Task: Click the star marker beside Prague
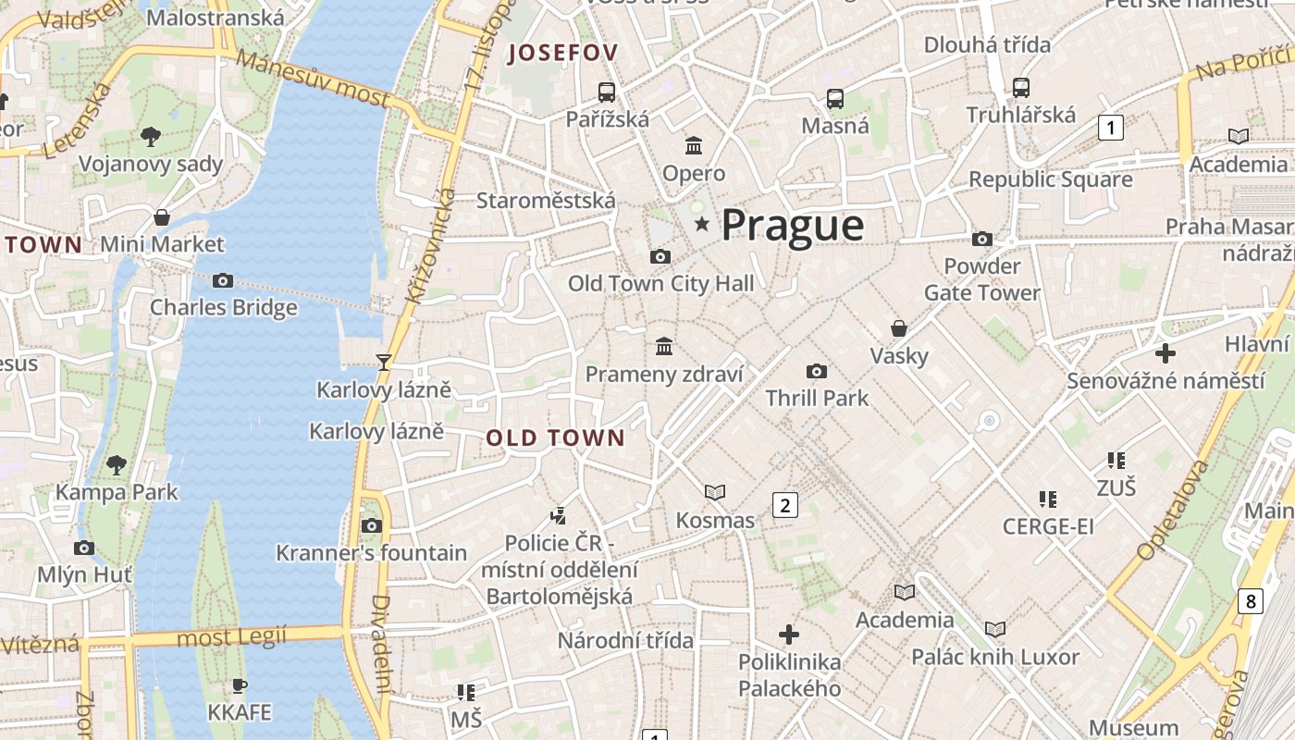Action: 702,224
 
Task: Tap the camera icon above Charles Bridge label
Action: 223,280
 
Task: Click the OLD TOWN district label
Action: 556,438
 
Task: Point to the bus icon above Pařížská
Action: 607,92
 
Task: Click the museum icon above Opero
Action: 694,145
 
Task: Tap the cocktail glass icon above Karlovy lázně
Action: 384,362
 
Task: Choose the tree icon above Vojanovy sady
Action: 151,137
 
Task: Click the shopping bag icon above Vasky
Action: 898,327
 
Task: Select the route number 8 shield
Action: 1251,601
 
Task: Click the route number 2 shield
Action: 784,505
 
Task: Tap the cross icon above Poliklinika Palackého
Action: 789,635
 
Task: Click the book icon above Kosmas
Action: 715,492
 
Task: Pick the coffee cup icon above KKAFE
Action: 240,685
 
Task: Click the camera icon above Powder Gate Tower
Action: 982,239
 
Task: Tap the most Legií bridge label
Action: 231,637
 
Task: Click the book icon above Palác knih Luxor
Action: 995,630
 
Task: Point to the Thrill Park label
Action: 817,398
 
